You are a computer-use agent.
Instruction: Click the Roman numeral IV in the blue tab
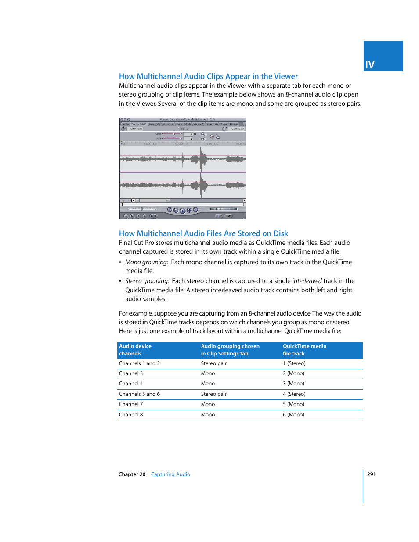pos(370,65)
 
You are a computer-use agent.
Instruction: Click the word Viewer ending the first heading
pos(286,76)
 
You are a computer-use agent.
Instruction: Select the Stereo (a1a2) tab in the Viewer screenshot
pos(139,124)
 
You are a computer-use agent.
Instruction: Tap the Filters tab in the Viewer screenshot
pos(224,124)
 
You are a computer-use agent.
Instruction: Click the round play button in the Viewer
pos(182,211)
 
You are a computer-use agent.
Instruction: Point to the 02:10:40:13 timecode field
pos(237,129)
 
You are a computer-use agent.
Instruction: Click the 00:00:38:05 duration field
pos(136,129)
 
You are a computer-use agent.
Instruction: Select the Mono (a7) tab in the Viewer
pos(199,124)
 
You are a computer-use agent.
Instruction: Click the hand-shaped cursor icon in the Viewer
pos(218,136)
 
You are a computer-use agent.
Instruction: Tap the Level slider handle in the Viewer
pos(174,134)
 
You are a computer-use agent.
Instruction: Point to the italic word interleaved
pos(307,281)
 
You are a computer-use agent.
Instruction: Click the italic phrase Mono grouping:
pos(147,262)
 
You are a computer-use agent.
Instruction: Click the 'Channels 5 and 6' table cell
pos(139,394)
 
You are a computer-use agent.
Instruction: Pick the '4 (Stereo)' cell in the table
pos(294,394)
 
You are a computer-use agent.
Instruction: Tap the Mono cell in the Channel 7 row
pos(208,404)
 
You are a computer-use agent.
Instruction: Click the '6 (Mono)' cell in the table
pos(293,415)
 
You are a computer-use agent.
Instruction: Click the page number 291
pos(371,474)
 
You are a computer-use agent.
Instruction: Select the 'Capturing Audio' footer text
pos(170,474)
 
